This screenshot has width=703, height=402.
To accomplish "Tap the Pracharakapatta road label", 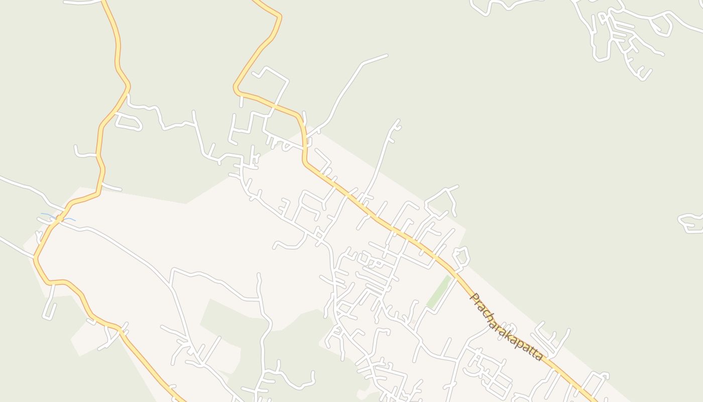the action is pyautogui.click(x=506, y=327).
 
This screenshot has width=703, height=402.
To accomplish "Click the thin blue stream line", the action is pyautogui.click(x=58, y=218).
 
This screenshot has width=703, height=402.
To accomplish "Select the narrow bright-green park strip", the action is pyautogui.click(x=438, y=291).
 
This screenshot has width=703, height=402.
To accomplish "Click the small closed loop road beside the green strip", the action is pyautogui.click(x=461, y=256).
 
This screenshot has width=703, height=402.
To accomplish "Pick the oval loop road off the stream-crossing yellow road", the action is pyautogui.click(x=129, y=122).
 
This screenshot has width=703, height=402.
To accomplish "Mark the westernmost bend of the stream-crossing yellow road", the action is pyautogui.click(x=36, y=259).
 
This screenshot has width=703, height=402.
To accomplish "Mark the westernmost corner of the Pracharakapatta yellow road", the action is pyautogui.click(x=236, y=89).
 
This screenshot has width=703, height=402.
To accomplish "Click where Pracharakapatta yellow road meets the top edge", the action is pyautogui.click(x=253, y=1).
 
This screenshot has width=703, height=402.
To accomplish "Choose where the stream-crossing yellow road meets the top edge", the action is pyautogui.click(x=103, y=1).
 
